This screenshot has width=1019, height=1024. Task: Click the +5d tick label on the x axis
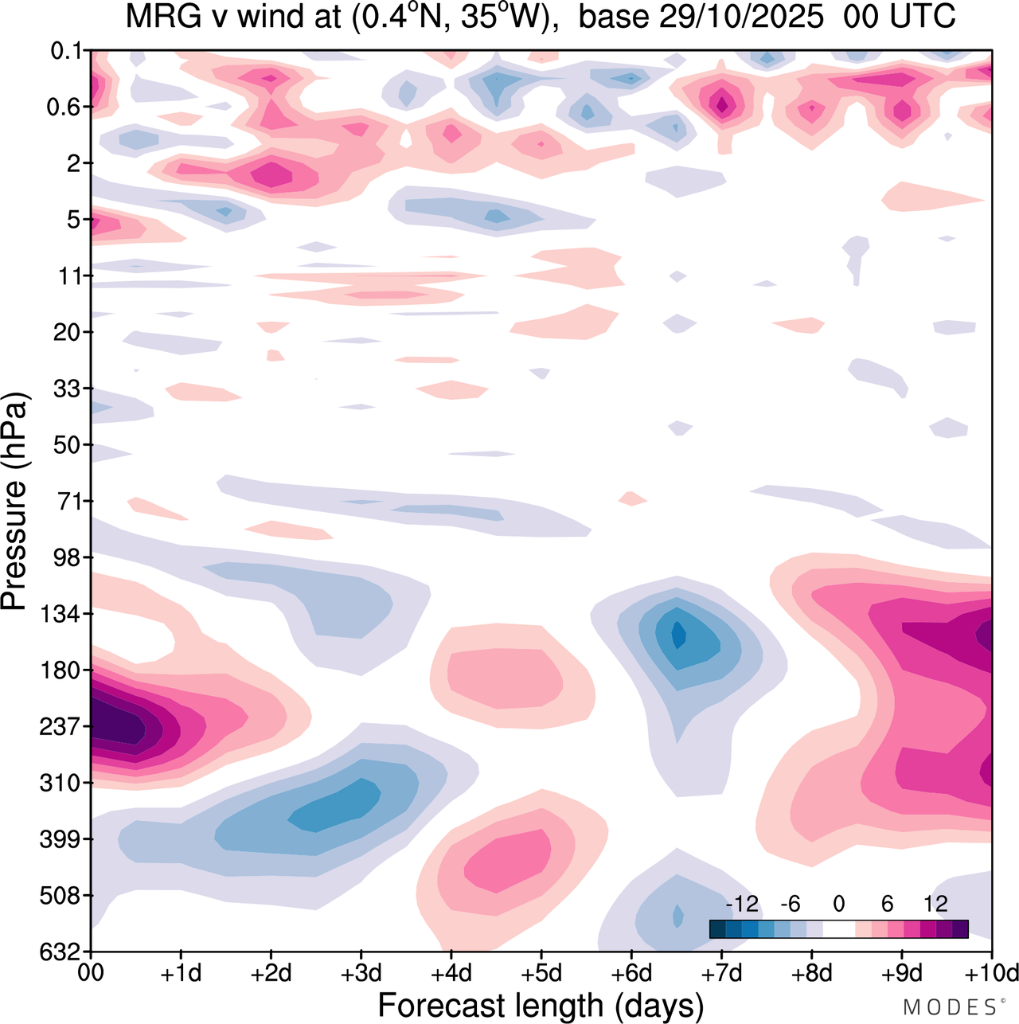pyautogui.click(x=541, y=973)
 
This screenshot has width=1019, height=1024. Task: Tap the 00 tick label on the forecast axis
pyautogui.click(x=92, y=973)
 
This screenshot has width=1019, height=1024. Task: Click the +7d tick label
pyautogui.click(x=721, y=973)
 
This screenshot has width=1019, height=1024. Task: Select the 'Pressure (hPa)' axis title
pyautogui.click(x=15, y=502)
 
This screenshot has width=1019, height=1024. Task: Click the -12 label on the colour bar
pyautogui.click(x=742, y=904)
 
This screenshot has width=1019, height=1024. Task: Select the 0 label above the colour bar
pyautogui.click(x=839, y=904)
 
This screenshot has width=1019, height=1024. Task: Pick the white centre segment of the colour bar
pyautogui.click(x=839, y=928)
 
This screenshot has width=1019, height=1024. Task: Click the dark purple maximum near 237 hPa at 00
pyautogui.click(x=115, y=726)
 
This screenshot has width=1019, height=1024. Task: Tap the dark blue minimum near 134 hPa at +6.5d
pyautogui.click(x=678, y=635)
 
